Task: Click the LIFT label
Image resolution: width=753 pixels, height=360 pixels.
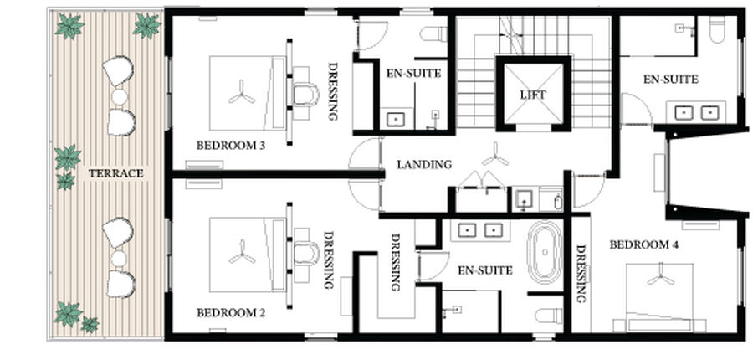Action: pyautogui.click(x=533, y=95)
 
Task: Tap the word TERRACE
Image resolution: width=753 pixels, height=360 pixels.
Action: pyautogui.click(x=115, y=173)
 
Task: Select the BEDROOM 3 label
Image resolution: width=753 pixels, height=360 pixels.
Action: pyautogui.click(x=231, y=146)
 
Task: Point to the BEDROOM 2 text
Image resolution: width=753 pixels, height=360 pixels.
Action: pyautogui.click(x=231, y=313)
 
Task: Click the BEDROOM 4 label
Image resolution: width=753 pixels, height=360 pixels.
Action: pyautogui.click(x=644, y=245)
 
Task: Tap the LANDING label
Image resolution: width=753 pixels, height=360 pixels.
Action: pyautogui.click(x=424, y=164)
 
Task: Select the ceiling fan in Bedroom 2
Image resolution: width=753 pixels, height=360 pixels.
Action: pyautogui.click(x=242, y=253)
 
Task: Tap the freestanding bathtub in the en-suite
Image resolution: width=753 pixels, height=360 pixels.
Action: pyautogui.click(x=545, y=252)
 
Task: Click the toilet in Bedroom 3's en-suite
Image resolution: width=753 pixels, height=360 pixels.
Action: pyautogui.click(x=433, y=33)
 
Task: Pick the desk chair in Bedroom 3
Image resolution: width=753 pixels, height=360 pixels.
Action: pyautogui.click(x=305, y=95)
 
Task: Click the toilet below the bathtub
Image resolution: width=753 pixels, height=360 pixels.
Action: pyautogui.click(x=549, y=316)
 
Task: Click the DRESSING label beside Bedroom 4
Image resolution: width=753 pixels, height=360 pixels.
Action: pyautogui.click(x=581, y=275)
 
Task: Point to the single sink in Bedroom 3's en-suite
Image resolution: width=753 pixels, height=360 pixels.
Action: pyautogui.click(x=396, y=119)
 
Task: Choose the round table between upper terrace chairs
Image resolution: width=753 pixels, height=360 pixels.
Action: pyautogui.click(x=120, y=96)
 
